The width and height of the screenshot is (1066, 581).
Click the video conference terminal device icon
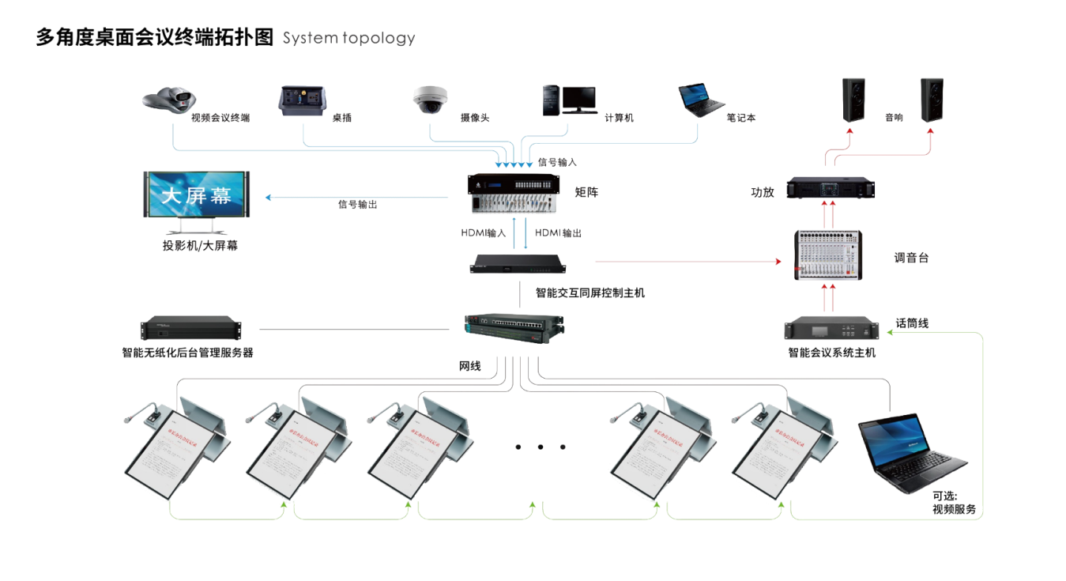click(168, 100)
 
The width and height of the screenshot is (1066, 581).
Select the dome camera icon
click(430, 100)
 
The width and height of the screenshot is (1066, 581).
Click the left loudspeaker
click(853, 100)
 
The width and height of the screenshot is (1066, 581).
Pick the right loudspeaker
click(932, 100)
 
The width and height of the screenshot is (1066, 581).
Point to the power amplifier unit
click(831, 189)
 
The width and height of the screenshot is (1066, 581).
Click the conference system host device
click(831, 329)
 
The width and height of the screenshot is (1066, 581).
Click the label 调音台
click(911, 258)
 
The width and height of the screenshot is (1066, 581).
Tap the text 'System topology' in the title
click(348, 38)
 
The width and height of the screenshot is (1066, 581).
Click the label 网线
click(470, 366)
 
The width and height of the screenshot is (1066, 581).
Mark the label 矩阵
click(586, 191)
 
